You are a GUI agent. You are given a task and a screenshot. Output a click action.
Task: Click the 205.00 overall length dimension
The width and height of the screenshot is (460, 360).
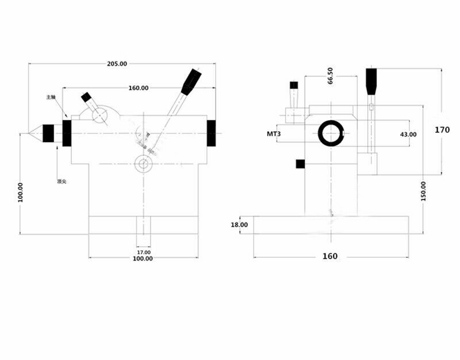(117, 64)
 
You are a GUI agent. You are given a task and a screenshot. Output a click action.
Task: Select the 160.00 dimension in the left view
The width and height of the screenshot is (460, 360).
(138, 88)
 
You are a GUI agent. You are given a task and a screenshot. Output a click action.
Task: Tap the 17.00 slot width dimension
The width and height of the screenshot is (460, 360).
(144, 252)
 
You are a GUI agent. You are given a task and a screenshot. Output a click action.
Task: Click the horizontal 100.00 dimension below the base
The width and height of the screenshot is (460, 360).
(143, 259)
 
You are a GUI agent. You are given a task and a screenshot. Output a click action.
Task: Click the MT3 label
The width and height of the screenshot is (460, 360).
(273, 134)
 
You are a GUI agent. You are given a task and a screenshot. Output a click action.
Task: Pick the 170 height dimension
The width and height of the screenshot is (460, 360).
(442, 129)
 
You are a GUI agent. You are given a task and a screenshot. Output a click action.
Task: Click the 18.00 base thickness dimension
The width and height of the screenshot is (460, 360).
(239, 225)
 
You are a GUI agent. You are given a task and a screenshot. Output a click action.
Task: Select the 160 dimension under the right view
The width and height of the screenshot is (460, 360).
(330, 256)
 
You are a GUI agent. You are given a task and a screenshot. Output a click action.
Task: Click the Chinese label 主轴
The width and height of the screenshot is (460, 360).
(51, 97)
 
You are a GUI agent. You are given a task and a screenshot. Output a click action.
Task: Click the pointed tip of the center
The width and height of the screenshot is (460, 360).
(25, 133)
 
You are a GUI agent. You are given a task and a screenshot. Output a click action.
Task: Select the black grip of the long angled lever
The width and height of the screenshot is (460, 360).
(191, 82)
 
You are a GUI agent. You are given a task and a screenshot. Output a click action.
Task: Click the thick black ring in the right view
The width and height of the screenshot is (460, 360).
(332, 133)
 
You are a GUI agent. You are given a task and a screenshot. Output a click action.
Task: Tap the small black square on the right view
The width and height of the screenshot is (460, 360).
(300, 164)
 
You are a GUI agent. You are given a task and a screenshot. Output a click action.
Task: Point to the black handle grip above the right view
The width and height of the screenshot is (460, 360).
(371, 82)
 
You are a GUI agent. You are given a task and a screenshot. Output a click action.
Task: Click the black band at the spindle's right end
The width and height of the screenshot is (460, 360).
(212, 133)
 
